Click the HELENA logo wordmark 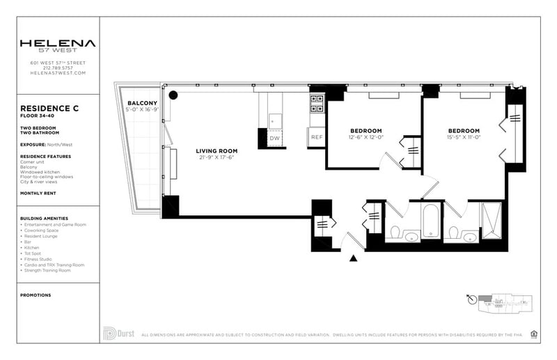57,43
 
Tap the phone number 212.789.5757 57,68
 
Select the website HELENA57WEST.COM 57,72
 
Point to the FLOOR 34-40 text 38,116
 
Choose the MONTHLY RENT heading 42,193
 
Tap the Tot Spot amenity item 36,253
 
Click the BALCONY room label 141,103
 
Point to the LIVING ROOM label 216,151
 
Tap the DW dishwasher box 274,138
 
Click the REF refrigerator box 317,137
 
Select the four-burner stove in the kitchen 316,104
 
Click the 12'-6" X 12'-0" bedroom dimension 366,137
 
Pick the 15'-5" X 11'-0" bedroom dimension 463,137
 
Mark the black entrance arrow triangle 353,259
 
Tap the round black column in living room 173,95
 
